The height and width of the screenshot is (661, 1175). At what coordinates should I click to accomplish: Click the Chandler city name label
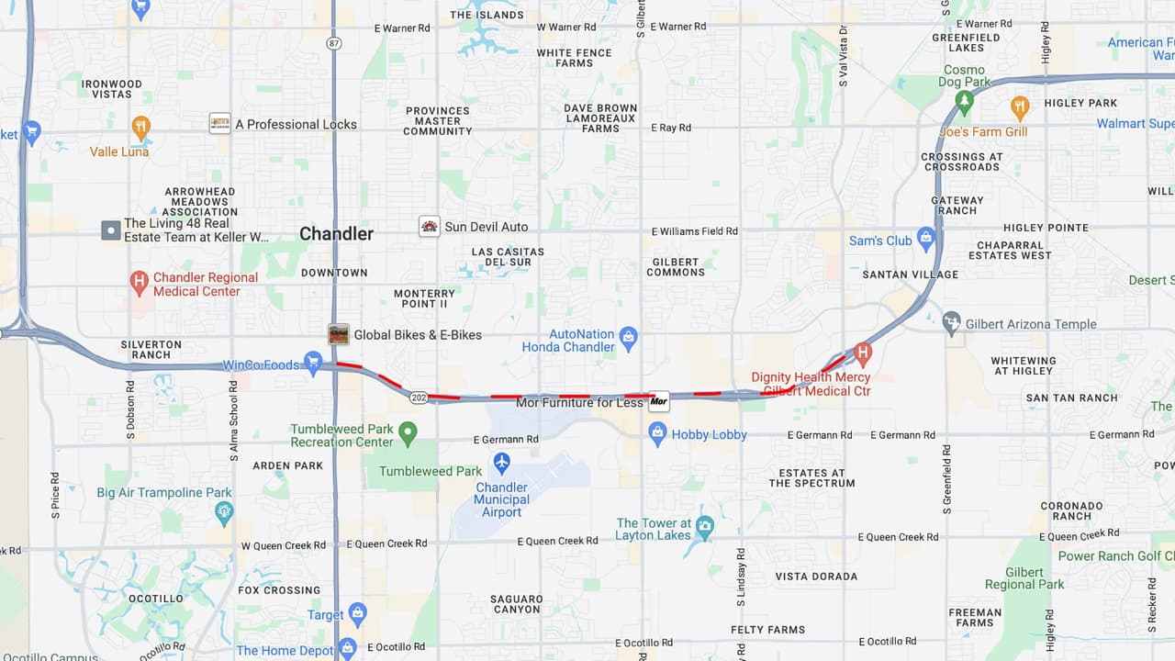[x=336, y=233]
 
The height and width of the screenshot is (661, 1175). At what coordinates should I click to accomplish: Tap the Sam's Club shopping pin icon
[x=925, y=240]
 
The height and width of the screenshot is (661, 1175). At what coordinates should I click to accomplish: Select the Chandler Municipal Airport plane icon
[x=501, y=463]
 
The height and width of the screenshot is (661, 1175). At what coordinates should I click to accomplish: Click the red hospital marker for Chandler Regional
[x=139, y=282]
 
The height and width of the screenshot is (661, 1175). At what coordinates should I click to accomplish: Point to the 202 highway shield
[x=420, y=397]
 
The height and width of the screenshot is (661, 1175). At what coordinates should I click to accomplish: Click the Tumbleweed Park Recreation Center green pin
[x=408, y=431]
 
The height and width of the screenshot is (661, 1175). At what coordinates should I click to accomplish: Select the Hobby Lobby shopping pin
[x=657, y=434]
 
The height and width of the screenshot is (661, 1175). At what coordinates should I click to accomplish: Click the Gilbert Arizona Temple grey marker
[x=952, y=323]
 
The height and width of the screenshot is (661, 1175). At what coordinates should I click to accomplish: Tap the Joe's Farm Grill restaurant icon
[x=1019, y=107]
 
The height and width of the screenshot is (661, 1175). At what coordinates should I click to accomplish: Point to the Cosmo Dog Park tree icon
[x=964, y=101]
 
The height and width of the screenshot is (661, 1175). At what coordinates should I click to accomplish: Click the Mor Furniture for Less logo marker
[x=658, y=401]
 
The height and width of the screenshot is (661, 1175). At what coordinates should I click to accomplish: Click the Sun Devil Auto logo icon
[x=429, y=226]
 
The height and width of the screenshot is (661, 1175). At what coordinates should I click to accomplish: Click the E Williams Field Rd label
[x=694, y=231]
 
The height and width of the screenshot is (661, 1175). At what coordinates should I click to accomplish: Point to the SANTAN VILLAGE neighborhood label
[x=910, y=274]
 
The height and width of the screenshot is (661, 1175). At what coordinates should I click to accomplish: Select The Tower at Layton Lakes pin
[x=704, y=527]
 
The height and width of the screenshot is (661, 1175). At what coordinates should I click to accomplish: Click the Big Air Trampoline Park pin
[x=224, y=511]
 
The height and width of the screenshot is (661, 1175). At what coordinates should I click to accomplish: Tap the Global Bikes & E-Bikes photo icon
[x=339, y=334]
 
